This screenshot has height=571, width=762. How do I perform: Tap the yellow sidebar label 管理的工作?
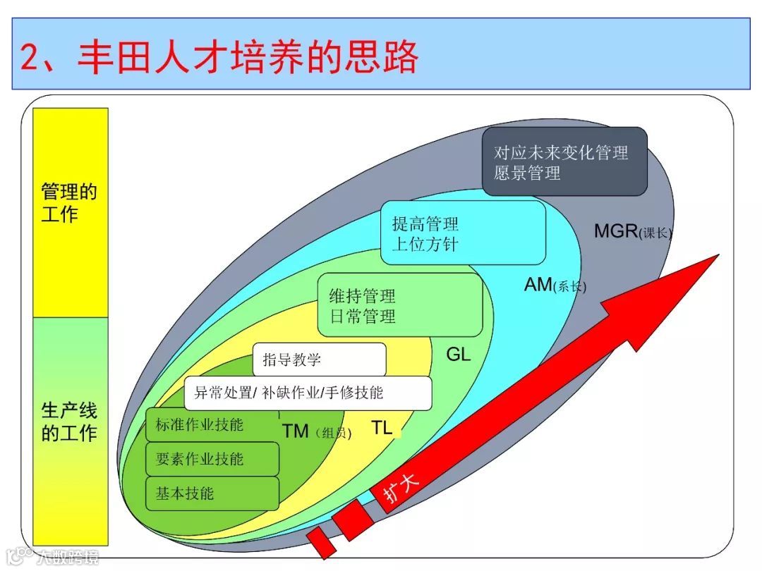point(69,202)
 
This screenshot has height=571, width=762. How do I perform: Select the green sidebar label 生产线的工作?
point(69,422)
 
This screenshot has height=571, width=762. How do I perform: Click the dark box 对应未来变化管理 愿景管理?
point(564,162)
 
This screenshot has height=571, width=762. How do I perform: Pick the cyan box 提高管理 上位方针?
point(463,233)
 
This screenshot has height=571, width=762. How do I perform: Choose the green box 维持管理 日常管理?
point(399,305)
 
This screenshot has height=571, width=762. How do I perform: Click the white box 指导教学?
point(319,360)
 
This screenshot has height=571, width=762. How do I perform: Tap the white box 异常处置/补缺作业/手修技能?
point(308,393)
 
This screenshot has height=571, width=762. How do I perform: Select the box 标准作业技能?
point(200,424)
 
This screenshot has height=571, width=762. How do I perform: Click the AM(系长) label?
point(555,285)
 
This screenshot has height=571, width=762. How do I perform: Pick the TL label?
point(382,427)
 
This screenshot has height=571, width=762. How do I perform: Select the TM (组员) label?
point(316,431)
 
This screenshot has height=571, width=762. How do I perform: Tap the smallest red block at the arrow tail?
point(321,542)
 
